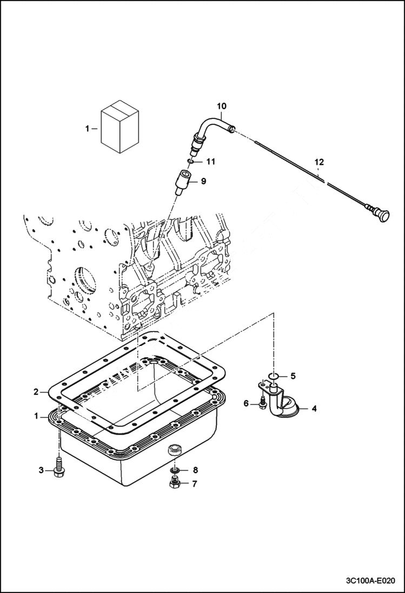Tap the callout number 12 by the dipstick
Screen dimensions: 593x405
(319, 161)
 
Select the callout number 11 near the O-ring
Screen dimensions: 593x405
(210, 162)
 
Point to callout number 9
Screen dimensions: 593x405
(203, 182)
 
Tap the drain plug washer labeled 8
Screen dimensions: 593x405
(175, 470)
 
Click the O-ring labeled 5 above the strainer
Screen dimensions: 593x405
(274, 375)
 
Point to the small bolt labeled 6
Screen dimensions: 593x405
(262, 403)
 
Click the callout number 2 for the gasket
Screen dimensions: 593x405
(36, 392)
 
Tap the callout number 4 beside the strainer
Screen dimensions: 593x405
(314, 409)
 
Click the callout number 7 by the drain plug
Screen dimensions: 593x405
(195, 484)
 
